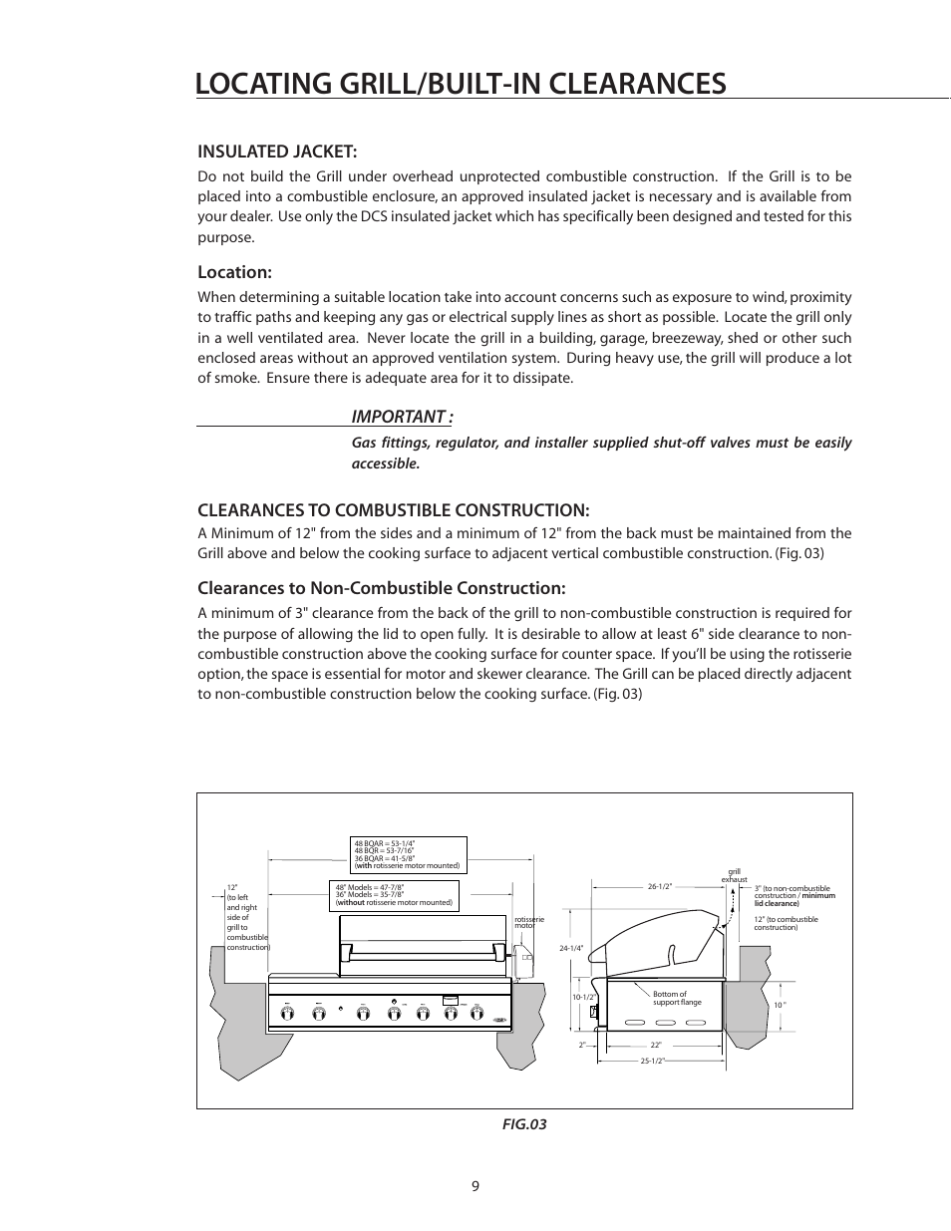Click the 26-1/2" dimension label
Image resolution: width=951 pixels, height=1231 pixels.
coord(660,886)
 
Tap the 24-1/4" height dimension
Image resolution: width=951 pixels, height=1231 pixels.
coord(571,948)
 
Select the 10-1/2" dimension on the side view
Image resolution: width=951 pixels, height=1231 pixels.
coord(583,997)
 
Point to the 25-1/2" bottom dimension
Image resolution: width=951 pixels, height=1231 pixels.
coord(653,1062)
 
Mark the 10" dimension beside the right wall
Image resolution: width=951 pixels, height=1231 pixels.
coord(780,1005)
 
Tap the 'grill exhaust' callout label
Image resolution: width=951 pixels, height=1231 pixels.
coord(734,876)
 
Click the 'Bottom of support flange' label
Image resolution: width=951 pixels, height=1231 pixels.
coord(677,998)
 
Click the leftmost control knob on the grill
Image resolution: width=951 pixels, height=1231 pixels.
coord(287,1014)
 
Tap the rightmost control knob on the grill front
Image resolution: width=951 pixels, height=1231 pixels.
coord(476,1014)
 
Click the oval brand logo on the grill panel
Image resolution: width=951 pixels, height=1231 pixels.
coord(500,1019)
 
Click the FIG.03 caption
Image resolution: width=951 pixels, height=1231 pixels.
coord(523,1124)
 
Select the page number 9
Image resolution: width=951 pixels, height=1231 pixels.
coord(475,1186)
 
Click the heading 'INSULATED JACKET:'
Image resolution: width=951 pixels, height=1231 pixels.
coord(276,152)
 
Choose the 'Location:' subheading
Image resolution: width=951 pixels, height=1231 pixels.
coord(234,272)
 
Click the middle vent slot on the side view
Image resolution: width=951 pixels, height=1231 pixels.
coord(662,1022)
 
